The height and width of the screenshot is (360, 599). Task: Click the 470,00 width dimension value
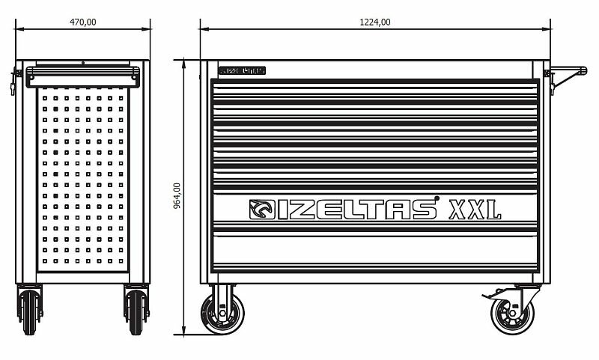coord(82,22)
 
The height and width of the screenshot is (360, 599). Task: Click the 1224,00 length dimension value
coord(376,22)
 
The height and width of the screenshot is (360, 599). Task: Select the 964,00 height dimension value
coord(177,197)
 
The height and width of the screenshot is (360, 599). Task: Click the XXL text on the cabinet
coord(473,210)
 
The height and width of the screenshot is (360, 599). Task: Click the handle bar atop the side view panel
coord(83,73)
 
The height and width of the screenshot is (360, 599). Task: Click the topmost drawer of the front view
coord(374,90)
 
